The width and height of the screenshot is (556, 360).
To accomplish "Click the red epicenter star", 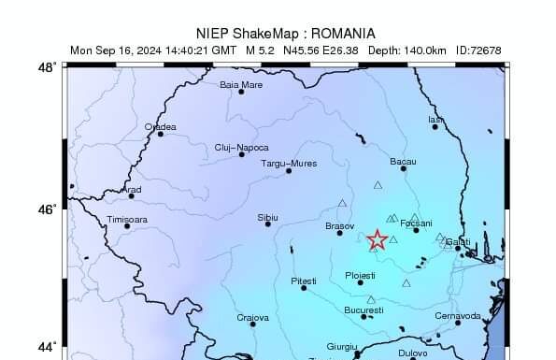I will (378, 240).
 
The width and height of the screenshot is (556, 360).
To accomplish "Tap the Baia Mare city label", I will (241, 84).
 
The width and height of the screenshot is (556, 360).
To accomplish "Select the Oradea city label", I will (160, 126).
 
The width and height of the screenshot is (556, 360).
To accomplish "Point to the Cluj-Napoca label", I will (241, 147).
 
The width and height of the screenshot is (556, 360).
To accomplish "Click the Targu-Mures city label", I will (288, 163).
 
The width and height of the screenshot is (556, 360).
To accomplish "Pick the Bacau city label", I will (403, 161).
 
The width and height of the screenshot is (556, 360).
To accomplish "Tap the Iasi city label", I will (435, 119).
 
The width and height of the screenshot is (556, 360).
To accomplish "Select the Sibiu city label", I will (267, 217).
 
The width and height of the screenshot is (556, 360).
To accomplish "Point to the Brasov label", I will (338, 226).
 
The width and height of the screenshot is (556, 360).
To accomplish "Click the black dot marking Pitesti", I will (304, 288).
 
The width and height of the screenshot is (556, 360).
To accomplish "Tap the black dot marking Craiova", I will (253, 325).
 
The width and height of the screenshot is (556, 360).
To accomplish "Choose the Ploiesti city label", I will (360, 275).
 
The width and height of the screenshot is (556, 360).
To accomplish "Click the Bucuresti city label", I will (364, 310).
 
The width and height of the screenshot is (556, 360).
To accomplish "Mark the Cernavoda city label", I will (458, 316).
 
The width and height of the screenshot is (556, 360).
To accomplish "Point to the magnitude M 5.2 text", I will (262, 50).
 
